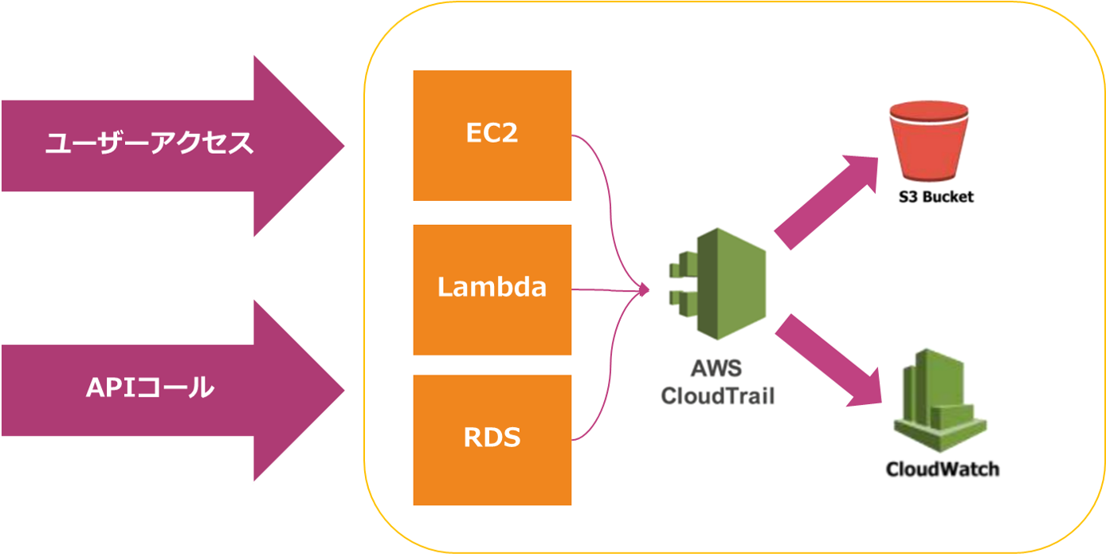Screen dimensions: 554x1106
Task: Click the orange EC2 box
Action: [x=492, y=135]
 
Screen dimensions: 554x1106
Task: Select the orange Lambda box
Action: [x=492, y=289]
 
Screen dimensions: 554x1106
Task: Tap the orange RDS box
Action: [x=492, y=438]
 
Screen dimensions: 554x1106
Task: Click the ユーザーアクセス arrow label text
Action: [x=149, y=143]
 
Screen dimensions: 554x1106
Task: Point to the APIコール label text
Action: [x=150, y=388]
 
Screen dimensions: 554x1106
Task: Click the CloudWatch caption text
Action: [x=942, y=469]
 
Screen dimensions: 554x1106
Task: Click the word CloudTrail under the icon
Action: [x=717, y=395]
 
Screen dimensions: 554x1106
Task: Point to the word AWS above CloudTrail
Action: [x=717, y=369]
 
